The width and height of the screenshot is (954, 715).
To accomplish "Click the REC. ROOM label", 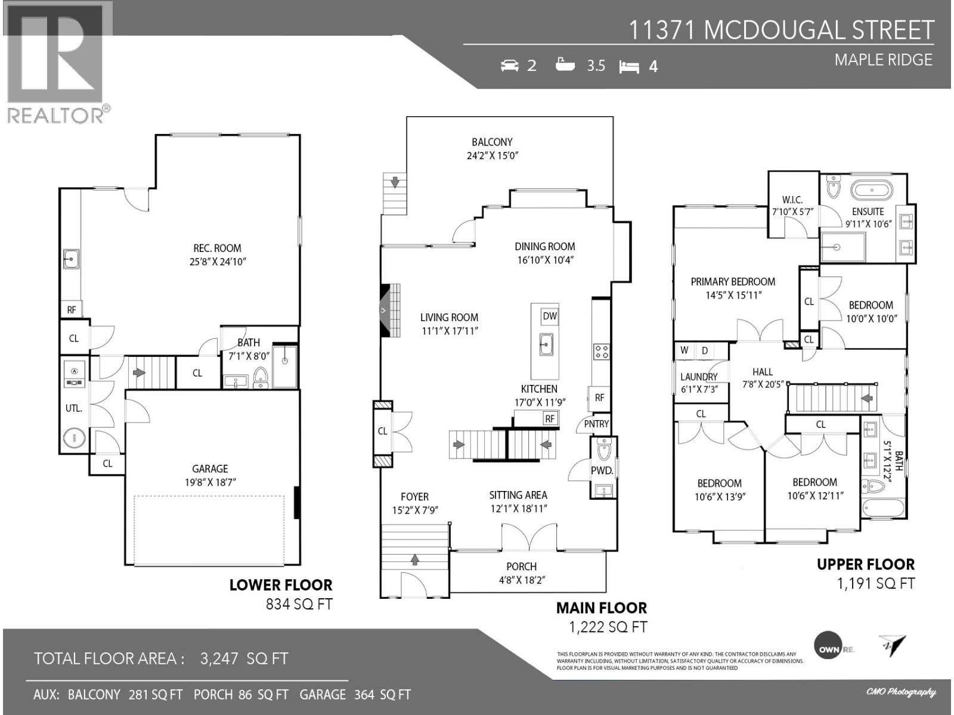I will click(x=217, y=248).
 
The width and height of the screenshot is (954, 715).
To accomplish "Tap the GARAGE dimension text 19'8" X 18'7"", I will click(x=210, y=482).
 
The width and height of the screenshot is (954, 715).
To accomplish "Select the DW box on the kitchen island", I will click(x=550, y=316).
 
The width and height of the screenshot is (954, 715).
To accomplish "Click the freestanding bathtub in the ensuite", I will click(x=871, y=191).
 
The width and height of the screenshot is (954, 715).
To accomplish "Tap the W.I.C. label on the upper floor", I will click(x=792, y=200).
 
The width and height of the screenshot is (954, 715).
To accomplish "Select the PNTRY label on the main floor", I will click(x=596, y=424).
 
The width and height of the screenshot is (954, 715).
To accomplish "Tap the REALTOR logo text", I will click(x=58, y=115).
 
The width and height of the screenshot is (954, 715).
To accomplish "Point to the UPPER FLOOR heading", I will click(x=865, y=564).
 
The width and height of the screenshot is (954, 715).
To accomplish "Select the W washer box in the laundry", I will click(x=684, y=350).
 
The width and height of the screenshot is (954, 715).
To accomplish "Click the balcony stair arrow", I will click(x=395, y=181).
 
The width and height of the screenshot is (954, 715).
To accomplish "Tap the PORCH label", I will click(x=521, y=567).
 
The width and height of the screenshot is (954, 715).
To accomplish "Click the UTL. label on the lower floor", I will click(x=73, y=409).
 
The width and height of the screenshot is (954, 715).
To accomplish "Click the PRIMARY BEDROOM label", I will click(x=733, y=282).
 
